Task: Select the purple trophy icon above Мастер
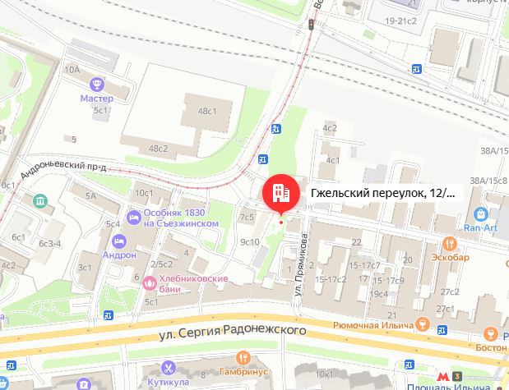coord(97,84)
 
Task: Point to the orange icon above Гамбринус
coord(243,358)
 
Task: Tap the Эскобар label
coord(450,257)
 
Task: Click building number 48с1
coord(206,111)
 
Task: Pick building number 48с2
coord(159,148)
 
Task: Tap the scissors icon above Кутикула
coord(169,367)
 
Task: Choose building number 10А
coord(72,71)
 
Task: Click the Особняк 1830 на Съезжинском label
coord(174,217)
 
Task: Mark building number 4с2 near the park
coord(331,128)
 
